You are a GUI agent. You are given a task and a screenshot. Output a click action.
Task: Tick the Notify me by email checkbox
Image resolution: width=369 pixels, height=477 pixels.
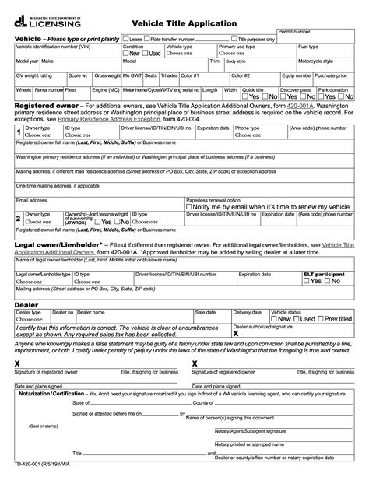(191, 205)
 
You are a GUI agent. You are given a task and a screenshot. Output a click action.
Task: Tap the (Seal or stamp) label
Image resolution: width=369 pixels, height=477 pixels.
(44, 426)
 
